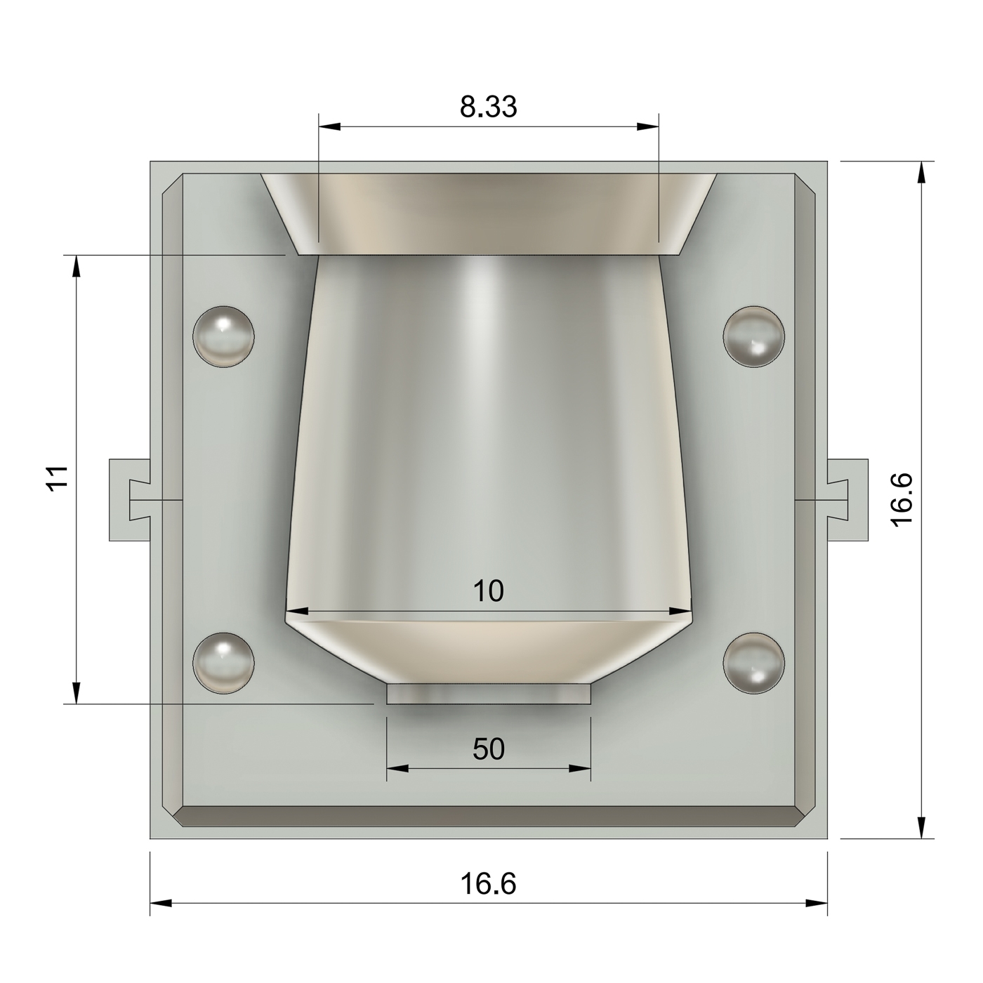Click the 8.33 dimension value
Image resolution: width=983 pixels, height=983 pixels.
coord(489,107)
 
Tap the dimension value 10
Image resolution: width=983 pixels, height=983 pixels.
coord(489,592)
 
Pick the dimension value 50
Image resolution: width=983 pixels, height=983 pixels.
coord(489,750)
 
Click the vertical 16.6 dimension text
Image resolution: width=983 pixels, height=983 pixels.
coord(901,499)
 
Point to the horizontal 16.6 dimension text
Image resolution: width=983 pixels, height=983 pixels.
coord(489,883)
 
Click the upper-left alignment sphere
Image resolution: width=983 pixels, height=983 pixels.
coord(223,336)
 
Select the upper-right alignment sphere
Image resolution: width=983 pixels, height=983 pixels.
coord(754,336)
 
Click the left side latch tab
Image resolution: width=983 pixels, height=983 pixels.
coord(131,500)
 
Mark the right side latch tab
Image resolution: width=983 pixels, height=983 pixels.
coord(847,500)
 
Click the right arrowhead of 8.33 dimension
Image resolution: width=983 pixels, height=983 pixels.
coord(649,127)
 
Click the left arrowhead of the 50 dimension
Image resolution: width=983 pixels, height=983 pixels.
coord(397,769)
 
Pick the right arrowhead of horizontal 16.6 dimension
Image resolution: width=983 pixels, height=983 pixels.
coord(817,903)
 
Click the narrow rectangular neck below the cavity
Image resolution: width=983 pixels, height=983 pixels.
coord(489,694)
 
